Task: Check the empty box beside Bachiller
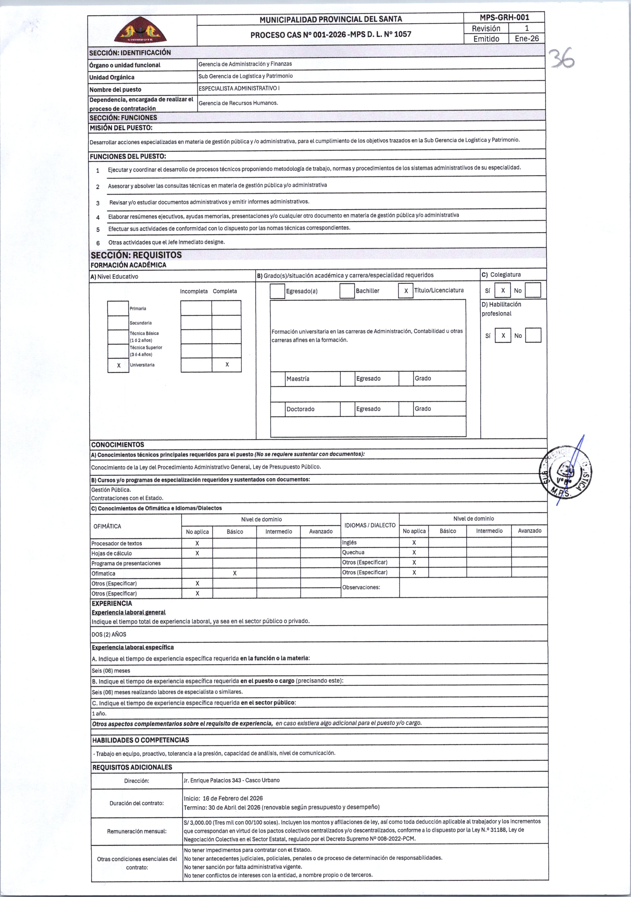pyautogui.click(x=347, y=291)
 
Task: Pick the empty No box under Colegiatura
pyautogui.click(x=533, y=290)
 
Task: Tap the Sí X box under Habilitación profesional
pyautogui.click(x=503, y=335)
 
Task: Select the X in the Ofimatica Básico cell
pyautogui.click(x=235, y=573)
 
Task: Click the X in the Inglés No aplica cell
pyautogui.click(x=414, y=542)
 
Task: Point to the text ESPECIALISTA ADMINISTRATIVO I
pyautogui.click(x=239, y=88)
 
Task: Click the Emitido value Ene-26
pyautogui.click(x=527, y=38)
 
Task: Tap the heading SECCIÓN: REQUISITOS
pyautogui.click(x=136, y=255)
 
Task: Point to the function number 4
pyautogui.click(x=98, y=217)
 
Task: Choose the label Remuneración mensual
pyautogui.click(x=137, y=831)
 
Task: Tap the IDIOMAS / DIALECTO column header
pyautogui.click(x=370, y=525)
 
